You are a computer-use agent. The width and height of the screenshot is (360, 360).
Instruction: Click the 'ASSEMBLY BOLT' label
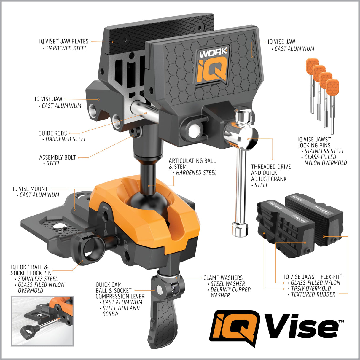[58, 157]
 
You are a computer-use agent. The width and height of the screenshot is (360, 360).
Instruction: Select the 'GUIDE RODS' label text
[52, 133]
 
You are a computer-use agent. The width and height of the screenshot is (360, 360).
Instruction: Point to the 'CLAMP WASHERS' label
[223, 278]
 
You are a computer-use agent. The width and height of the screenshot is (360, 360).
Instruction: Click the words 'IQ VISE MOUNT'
[30, 189]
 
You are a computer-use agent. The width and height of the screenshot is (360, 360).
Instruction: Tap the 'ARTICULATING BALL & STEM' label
[192, 164]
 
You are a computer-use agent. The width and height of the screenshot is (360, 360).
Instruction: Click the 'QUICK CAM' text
[109, 285]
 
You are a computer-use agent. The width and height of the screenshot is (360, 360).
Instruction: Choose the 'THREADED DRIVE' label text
[271, 167]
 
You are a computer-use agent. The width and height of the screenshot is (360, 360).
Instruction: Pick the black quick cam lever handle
[163, 320]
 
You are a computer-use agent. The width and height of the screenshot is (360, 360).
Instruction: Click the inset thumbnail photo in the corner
[42, 321]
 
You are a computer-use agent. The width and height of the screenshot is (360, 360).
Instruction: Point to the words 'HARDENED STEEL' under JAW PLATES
[66, 48]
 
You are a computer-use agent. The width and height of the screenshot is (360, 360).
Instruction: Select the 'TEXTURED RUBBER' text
[313, 294]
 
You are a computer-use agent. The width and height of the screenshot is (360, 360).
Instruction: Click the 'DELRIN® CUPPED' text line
[230, 289]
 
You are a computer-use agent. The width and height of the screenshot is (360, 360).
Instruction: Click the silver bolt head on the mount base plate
[60, 227]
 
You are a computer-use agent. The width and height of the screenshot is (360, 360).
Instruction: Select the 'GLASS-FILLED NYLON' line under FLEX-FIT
[316, 283]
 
